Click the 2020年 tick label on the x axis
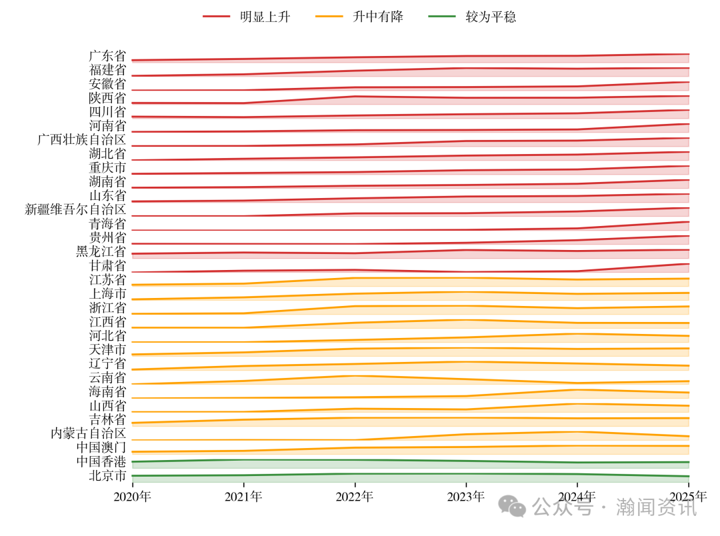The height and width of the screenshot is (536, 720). (132, 497)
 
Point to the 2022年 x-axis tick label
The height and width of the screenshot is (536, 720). (355, 497)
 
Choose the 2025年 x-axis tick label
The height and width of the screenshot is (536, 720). (688, 497)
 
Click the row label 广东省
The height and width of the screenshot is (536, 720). (107, 56)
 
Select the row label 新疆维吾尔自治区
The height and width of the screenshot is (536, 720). (75, 210)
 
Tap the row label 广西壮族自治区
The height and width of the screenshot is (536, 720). (81, 140)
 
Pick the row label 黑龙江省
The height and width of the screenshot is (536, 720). (101, 252)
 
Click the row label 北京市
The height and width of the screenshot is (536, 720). (107, 476)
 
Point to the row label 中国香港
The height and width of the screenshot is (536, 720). (101, 462)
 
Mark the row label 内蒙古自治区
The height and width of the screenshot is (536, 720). (88, 434)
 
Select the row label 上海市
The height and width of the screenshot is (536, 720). (107, 294)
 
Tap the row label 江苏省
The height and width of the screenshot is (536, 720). (107, 280)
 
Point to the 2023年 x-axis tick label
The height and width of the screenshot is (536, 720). (466, 497)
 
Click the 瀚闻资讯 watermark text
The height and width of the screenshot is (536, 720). (656, 508)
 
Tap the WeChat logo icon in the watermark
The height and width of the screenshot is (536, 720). (513, 507)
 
